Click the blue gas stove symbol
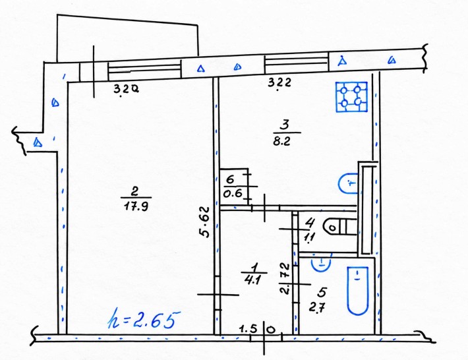tap(351, 97)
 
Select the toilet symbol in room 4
tap(340, 227)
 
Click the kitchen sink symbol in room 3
tap(348, 183)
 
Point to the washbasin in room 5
tap(321, 263)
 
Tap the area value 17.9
tap(136, 206)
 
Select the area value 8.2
tap(281, 141)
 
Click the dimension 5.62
tap(205, 222)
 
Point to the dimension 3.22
tap(279, 82)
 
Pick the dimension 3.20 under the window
tap(126, 88)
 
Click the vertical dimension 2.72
tap(285, 278)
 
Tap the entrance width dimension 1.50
tap(258, 330)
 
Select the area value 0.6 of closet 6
tap(233, 194)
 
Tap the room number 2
tap(135, 191)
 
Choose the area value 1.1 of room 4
tap(309, 237)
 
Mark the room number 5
tap(322, 293)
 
